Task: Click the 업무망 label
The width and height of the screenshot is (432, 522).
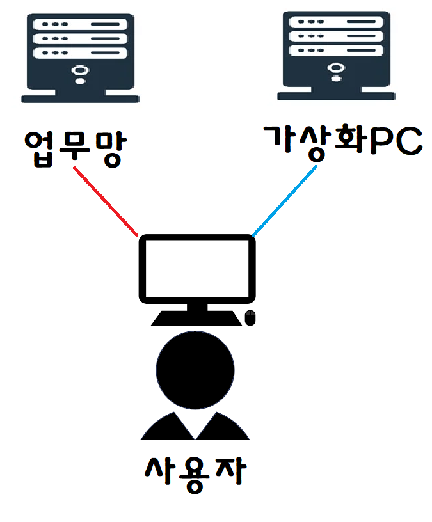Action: (72, 148)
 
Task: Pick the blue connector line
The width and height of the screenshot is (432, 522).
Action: (285, 200)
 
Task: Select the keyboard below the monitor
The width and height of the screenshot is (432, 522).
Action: (195, 319)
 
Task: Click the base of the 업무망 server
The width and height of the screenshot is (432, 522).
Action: (79, 98)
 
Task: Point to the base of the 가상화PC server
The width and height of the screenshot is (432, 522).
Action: (336, 96)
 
